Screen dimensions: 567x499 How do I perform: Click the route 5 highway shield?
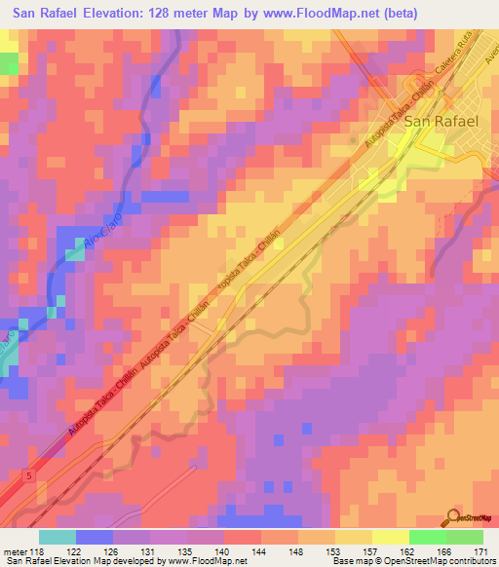[x=28, y=473]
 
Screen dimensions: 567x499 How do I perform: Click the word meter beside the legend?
[x=13, y=551]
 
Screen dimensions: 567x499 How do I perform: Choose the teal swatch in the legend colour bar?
[x=58, y=537]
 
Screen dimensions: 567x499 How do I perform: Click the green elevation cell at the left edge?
[x=9, y=63]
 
